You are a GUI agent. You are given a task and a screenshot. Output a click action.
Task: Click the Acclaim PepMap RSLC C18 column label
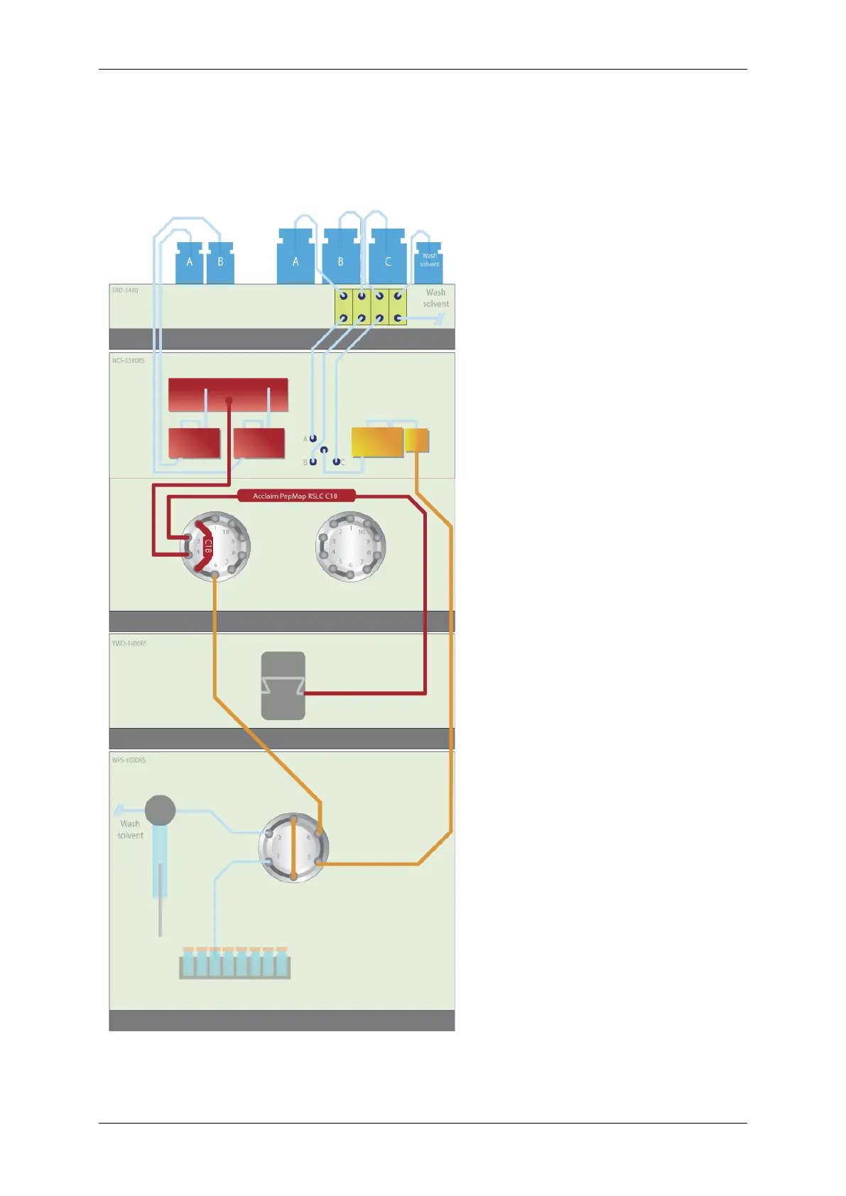(295, 496)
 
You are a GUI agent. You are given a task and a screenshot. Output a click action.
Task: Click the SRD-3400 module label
(125, 290)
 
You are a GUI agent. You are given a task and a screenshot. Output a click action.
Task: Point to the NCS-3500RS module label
(128, 361)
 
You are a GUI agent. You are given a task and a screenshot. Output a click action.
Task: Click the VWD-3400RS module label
(129, 643)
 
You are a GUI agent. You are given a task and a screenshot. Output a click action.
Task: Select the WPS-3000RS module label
(129, 760)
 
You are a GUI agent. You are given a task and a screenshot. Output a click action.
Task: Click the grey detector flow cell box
(283, 685)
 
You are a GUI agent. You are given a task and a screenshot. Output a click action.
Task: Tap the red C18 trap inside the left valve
(207, 545)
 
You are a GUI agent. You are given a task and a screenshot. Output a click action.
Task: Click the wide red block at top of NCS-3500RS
(228, 394)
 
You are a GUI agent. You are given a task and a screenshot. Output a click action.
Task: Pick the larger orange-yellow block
(377, 441)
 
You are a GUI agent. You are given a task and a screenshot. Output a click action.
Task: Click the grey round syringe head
(160, 810)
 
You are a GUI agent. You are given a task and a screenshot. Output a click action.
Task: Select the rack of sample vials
(235, 964)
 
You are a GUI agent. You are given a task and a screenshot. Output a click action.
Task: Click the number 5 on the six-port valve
(309, 857)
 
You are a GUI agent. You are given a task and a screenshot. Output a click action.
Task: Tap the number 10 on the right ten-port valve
(362, 532)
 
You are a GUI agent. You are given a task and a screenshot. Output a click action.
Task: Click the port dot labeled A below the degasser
(313, 439)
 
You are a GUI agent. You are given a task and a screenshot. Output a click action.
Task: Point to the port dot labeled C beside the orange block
(336, 462)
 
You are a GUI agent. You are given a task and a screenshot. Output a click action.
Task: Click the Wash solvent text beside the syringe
(130, 830)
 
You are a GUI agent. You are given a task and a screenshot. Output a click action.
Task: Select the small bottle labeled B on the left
(220, 263)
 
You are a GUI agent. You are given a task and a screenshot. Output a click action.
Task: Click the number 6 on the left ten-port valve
(216, 565)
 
